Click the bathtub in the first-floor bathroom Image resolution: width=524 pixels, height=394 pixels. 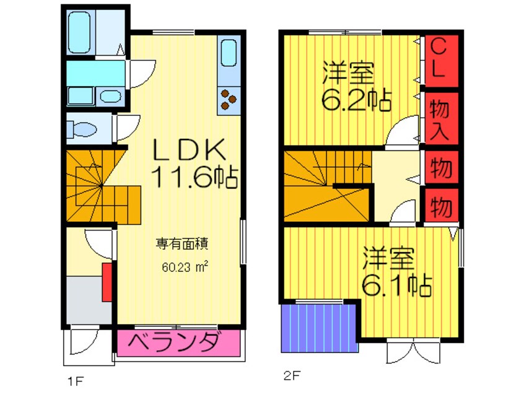pos(79,32)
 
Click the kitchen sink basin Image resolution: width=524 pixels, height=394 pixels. pos(229,53)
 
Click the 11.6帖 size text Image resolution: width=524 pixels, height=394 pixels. pos(194,177)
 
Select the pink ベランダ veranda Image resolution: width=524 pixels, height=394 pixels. pos(178,343)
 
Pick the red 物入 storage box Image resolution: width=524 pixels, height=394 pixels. pos(440,118)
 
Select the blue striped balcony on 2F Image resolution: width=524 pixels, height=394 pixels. pos(319,328)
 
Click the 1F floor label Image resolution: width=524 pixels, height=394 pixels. pos(75,380)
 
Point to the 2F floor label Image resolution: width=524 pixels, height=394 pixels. pos(292,376)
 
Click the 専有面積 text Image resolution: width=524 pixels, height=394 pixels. pos(182,243)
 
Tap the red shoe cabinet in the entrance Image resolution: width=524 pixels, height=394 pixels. pos(107,282)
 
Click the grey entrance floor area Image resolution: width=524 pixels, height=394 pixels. pos(89,300)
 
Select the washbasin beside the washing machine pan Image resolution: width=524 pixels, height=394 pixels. pos(111,96)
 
